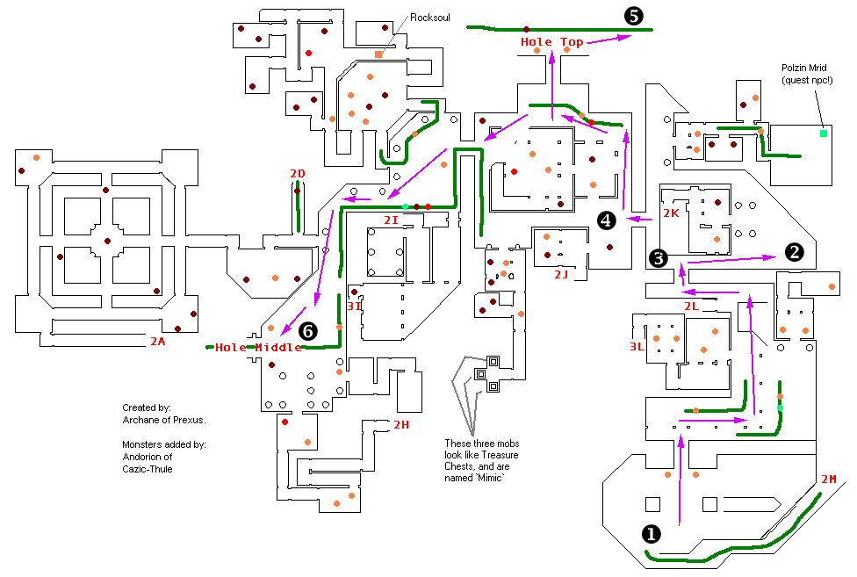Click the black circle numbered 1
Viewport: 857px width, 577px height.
click(651, 533)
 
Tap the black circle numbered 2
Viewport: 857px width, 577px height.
click(794, 253)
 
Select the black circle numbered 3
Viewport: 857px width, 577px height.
click(659, 257)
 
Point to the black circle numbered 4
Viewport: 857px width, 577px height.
click(605, 220)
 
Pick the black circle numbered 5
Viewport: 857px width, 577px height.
click(633, 15)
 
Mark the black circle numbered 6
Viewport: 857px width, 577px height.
click(307, 331)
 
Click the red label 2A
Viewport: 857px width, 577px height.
click(156, 341)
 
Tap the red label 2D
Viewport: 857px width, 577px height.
click(298, 174)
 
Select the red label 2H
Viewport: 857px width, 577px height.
click(401, 425)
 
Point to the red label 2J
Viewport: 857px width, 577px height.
click(562, 275)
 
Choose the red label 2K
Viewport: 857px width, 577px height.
click(672, 213)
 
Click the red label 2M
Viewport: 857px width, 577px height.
click(829, 480)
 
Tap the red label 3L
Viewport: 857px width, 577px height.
click(637, 346)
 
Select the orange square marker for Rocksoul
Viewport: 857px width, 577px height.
click(378, 55)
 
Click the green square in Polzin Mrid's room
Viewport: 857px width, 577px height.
click(824, 133)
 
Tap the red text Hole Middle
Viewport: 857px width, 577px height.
click(258, 348)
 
